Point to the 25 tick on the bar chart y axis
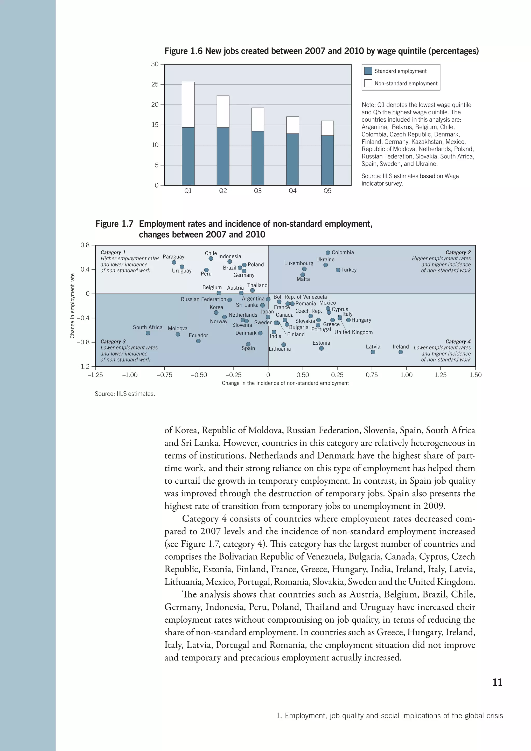pyautogui.click(x=155, y=84)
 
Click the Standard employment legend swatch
pyautogui.click(x=368, y=71)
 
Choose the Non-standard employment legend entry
pyautogui.click(x=406, y=84)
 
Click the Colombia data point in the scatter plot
pyautogui.click(x=328, y=253)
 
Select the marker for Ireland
pyautogui.click(x=401, y=352)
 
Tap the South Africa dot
pyautogui.click(x=148, y=333)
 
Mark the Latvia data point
pyautogui.click(x=373, y=352)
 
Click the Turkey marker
pyautogui.click(x=338, y=270)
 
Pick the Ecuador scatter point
pyautogui.click(x=198, y=341)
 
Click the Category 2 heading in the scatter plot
pyautogui.click(x=458, y=253)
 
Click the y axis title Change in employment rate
pyautogui.click(x=72, y=306)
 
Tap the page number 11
pyautogui.click(x=497, y=682)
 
